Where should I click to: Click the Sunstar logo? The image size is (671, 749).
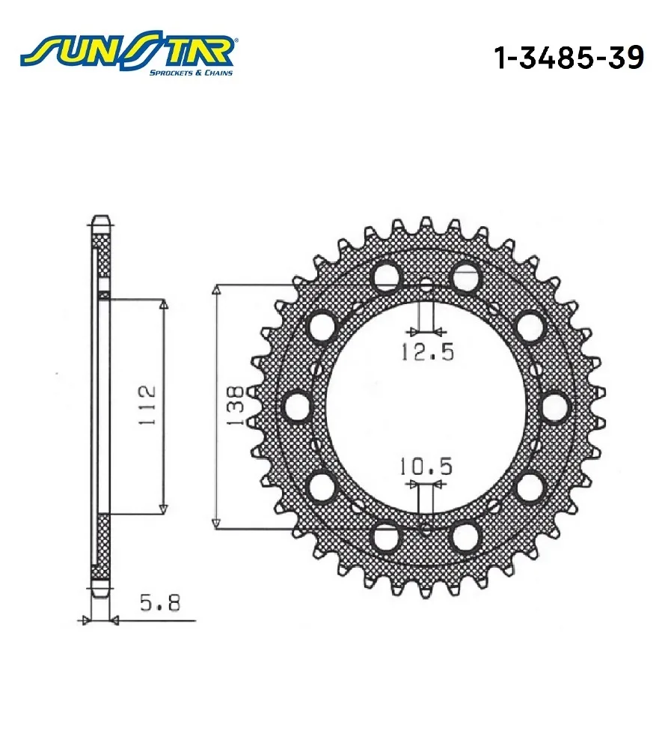127,56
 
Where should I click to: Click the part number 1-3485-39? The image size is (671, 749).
569,58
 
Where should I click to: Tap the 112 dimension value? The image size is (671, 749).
147,405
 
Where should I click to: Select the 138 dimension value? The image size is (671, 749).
236,405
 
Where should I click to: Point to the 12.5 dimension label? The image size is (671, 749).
427,352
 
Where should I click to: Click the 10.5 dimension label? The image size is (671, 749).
426,467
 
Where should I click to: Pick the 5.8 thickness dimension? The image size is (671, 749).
160,603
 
